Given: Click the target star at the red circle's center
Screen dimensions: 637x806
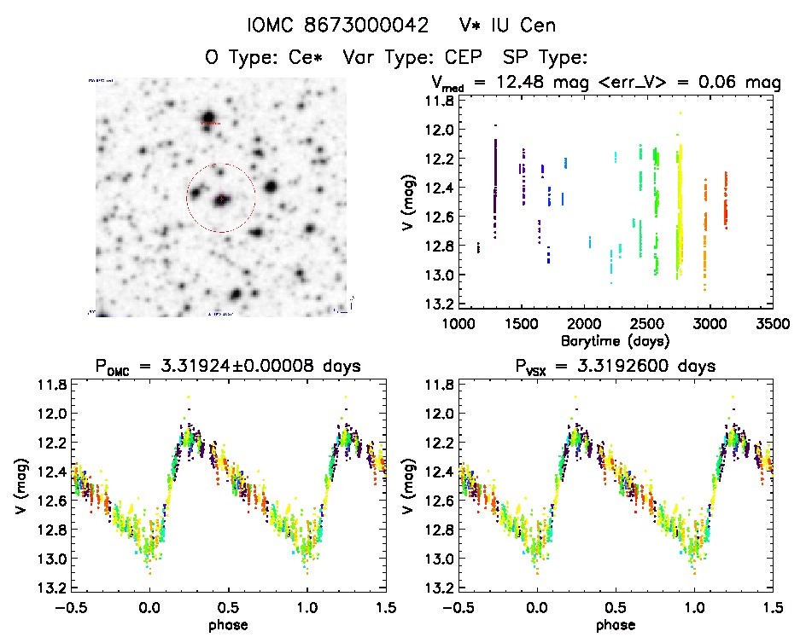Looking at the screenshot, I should tap(221, 199).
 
